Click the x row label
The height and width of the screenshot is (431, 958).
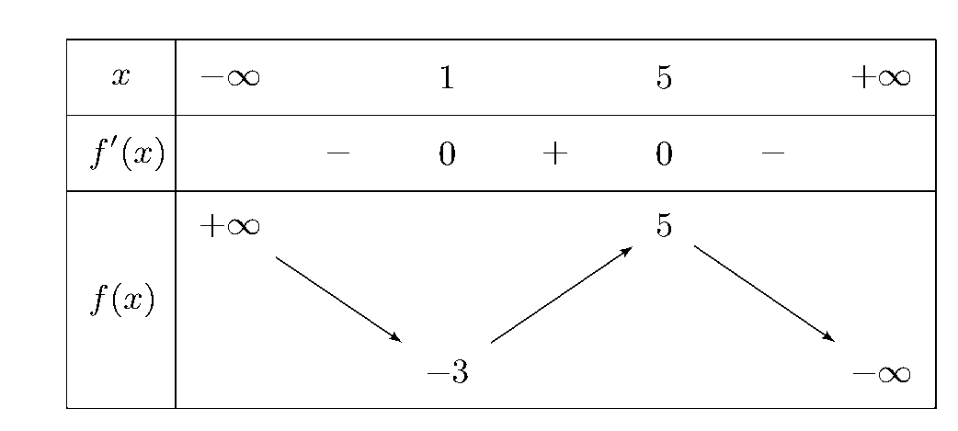[121, 77]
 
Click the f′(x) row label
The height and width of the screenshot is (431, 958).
[127, 153]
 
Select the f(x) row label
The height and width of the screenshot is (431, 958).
[122, 300]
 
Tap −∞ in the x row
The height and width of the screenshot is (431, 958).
[230, 77]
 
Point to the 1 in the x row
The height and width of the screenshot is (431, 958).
[447, 77]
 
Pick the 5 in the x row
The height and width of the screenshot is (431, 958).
[664, 77]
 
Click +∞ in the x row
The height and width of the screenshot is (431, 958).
[881, 77]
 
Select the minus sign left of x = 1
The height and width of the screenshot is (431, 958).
[338, 153]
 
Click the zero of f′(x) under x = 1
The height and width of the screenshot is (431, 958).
[447, 153]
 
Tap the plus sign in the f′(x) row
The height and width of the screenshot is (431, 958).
[555, 153]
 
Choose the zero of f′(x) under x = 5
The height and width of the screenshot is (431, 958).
[664, 153]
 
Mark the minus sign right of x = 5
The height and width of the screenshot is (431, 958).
[773, 153]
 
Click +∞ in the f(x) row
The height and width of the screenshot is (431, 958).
[230, 226]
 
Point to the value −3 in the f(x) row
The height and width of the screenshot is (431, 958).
[448, 372]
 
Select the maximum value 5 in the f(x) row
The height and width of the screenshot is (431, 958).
[664, 226]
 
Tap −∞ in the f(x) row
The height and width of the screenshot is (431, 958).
[881, 373]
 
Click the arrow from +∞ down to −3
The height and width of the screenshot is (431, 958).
[338, 300]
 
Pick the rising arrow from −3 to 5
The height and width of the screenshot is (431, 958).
[562, 294]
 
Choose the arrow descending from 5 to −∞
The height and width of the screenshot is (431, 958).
[764, 293]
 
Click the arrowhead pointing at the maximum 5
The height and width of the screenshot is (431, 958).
[627, 251]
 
